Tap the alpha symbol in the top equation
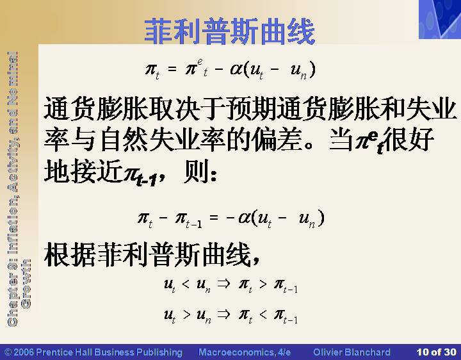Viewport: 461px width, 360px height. [236, 69]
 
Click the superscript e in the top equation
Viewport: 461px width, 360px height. [200, 61]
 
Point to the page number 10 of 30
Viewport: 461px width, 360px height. [436, 352]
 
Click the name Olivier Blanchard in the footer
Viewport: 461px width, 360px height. [352, 352]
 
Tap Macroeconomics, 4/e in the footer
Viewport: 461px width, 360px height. [245, 352]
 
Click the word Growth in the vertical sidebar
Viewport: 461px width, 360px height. [26, 284]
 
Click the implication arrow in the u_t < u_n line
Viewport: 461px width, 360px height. [223, 284]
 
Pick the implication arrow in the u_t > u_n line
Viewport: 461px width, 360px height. [223, 315]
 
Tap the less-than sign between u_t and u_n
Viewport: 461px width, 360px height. [186, 284]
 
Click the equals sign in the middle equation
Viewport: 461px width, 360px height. [214, 218]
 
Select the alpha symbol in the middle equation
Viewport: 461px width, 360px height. [244, 218]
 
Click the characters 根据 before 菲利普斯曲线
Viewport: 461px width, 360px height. [70, 254]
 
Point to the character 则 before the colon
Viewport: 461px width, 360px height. [196, 171]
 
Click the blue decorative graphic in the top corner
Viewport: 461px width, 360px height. [440, 19]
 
